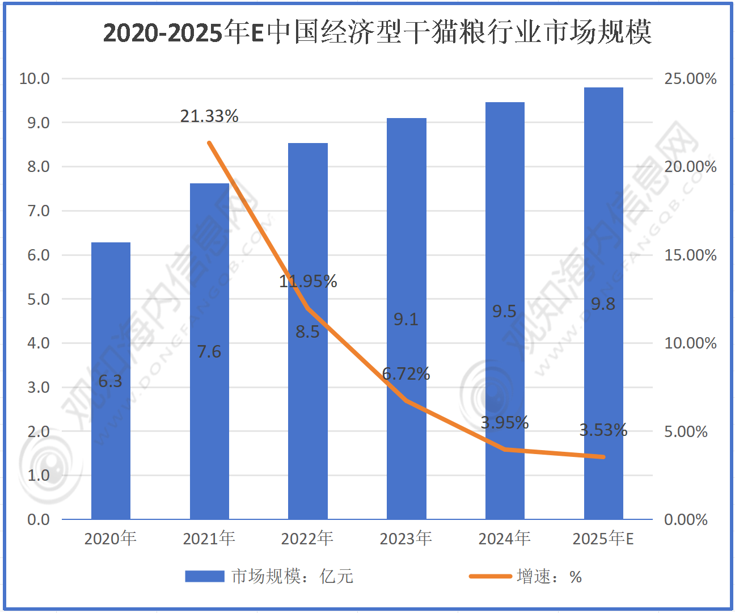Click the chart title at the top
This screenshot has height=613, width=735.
[x=377, y=32]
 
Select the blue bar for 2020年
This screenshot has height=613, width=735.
[x=111, y=380]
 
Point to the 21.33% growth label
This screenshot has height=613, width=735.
[x=209, y=116]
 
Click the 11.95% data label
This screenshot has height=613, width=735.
[x=308, y=281]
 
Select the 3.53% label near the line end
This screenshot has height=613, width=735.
[x=603, y=430]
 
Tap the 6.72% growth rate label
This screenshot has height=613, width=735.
[x=406, y=373]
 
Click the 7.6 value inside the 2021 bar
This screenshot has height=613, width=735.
[x=209, y=352]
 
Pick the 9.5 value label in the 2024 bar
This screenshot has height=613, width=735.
[x=504, y=311]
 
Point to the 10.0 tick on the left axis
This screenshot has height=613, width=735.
[x=35, y=78]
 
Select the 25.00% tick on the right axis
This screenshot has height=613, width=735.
[x=690, y=78]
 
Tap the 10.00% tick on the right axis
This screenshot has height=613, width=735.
[x=690, y=343]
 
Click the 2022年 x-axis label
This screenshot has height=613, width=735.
[x=307, y=538]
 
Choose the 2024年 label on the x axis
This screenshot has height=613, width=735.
[x=504, y=538]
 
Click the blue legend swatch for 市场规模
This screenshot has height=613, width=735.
[x=205, y=577]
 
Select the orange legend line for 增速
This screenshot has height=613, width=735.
[x=490, y=577]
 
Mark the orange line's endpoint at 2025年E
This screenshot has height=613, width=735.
[x=603, y=457]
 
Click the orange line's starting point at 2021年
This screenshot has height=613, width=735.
[x=209, y=143]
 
